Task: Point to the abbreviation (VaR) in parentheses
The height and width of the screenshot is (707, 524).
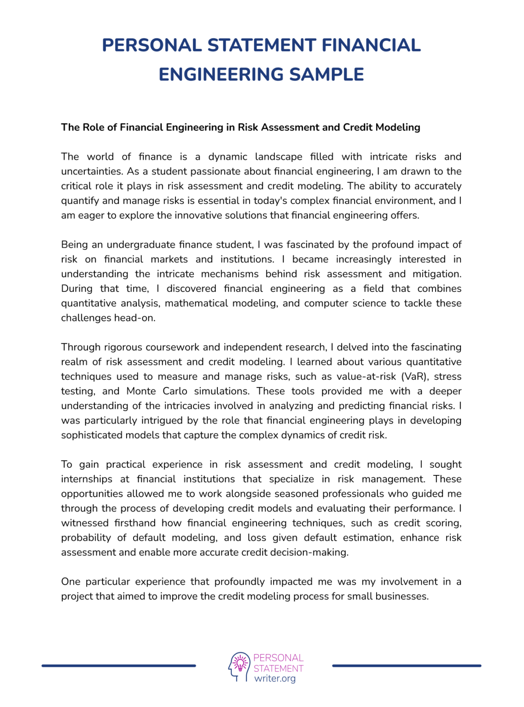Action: [x=415, y=377]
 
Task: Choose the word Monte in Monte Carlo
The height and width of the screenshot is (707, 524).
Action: [x=140, y=391]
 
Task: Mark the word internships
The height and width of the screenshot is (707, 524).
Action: [x=87, y=479]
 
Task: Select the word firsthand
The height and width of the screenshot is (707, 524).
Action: [x=135, y=523]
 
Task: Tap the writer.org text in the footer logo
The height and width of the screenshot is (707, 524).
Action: [x=275, y=678]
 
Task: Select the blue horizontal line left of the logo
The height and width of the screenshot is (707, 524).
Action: [x=119, y=666]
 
